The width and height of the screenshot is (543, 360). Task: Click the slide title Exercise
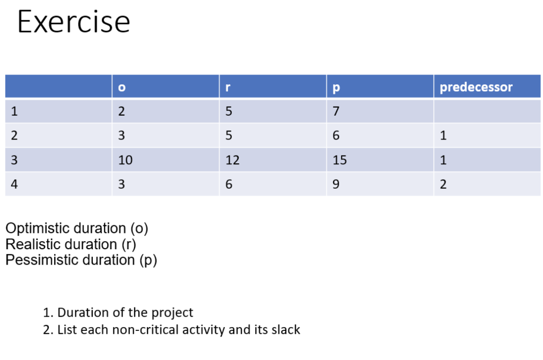(x=73, y=22)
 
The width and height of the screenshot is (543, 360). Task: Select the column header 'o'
(x=121, y=87)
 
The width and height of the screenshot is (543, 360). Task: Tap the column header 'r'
(x=227, y=87)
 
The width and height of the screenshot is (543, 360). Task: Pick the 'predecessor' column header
(x=476, y=87)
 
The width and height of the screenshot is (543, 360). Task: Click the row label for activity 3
(x=14, y=160)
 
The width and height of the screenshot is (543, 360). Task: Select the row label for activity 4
(x=14, y=184)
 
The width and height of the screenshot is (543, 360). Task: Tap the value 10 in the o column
(x=125, y=160)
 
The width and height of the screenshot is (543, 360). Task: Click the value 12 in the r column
(x=232, y=160)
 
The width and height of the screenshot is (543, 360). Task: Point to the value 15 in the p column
(x=339, y=160)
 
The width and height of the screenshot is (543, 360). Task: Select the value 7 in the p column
(x=336, y=111)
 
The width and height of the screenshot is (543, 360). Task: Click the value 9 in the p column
(x=336, y=184)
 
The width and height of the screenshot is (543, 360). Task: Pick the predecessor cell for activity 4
(x=443, y=184)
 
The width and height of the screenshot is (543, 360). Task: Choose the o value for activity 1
(x=121, y=111)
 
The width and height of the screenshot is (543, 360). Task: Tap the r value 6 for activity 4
(x=229, y=184)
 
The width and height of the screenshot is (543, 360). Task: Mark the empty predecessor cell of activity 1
(x=487, y=111)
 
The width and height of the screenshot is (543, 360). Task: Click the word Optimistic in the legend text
(x=39, y=229)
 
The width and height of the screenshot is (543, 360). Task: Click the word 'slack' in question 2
(x=286, y=330)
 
